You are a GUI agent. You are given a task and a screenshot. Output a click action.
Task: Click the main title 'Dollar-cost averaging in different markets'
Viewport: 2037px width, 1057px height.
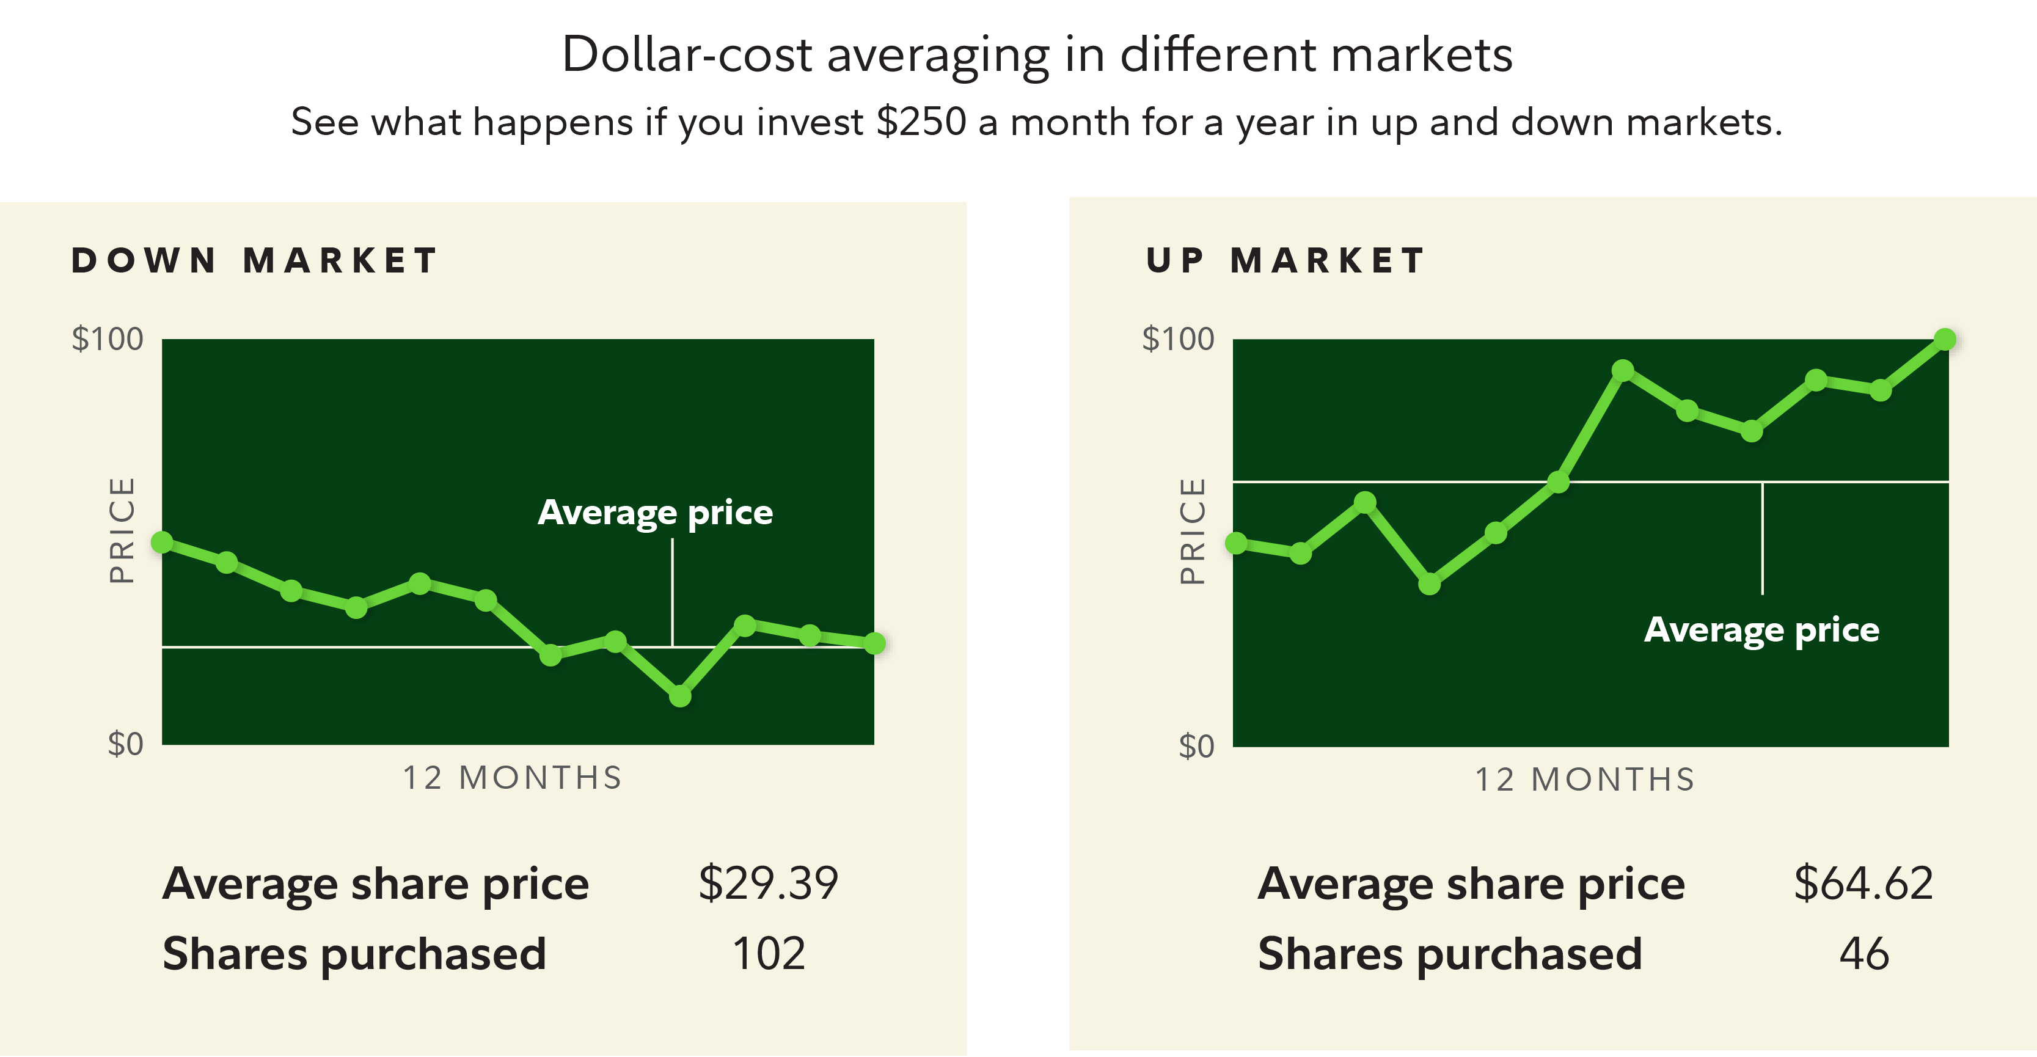(x=1037, y=56)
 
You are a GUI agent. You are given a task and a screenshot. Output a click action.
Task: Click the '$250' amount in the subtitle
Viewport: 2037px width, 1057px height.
(x=921, y=123)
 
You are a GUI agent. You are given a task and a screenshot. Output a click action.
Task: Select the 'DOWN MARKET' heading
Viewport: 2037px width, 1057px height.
(x=255, y=261)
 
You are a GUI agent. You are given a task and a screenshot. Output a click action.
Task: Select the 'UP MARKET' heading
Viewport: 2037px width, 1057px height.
(x=1285, y=261)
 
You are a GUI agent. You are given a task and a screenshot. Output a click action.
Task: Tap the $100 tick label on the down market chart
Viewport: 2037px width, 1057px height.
(x=108, y=339)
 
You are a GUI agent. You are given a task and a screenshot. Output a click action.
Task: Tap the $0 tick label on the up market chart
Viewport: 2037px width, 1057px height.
(x=1196, y=745)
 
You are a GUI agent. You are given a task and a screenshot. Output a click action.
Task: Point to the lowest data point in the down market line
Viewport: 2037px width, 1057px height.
(x=680, y=696)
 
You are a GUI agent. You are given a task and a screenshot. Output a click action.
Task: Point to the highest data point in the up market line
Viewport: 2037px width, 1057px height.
(x=1945, y=339)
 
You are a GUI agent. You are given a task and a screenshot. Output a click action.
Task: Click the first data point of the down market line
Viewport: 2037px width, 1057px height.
(x=162, y=543)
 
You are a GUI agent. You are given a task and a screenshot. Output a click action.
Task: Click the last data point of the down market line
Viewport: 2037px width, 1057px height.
(x=874, y=643)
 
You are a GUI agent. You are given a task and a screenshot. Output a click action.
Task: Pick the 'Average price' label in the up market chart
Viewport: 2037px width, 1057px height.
(x=1761, y=630)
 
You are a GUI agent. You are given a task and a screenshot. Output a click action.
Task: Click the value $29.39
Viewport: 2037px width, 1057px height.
(x=768, y=883)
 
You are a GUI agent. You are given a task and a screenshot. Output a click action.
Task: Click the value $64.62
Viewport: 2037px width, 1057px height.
(x=1863, y=883)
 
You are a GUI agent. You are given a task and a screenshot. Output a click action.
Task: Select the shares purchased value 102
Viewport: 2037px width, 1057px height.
(x=769, y=953)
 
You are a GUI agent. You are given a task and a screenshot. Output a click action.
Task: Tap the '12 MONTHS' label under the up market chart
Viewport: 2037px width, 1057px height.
(x=1585, y=780)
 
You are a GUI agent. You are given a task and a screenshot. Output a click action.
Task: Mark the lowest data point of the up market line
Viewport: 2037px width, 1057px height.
(x=1430, y=584)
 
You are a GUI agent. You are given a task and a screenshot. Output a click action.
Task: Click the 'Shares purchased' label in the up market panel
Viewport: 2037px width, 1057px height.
(x=1449, y=953)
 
